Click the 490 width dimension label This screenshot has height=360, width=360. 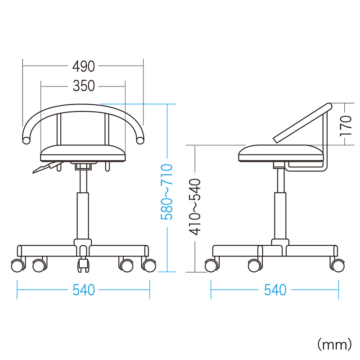click(x=84, y=66)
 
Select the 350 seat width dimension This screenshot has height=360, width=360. click(x=84, y=86)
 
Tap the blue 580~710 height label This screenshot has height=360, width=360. click(x=166, y=192)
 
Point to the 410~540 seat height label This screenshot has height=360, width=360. click(x=195, y=207)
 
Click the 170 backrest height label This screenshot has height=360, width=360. click(x=346, y=126)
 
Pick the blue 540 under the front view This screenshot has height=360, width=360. click(x=84, y=290)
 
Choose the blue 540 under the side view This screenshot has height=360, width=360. click(x=275, y=290)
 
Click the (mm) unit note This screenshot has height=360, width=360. click(x=334, y=344)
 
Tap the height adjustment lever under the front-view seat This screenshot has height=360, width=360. click(x=47, y=167)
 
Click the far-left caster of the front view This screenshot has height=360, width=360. click(x=18, y=265)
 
